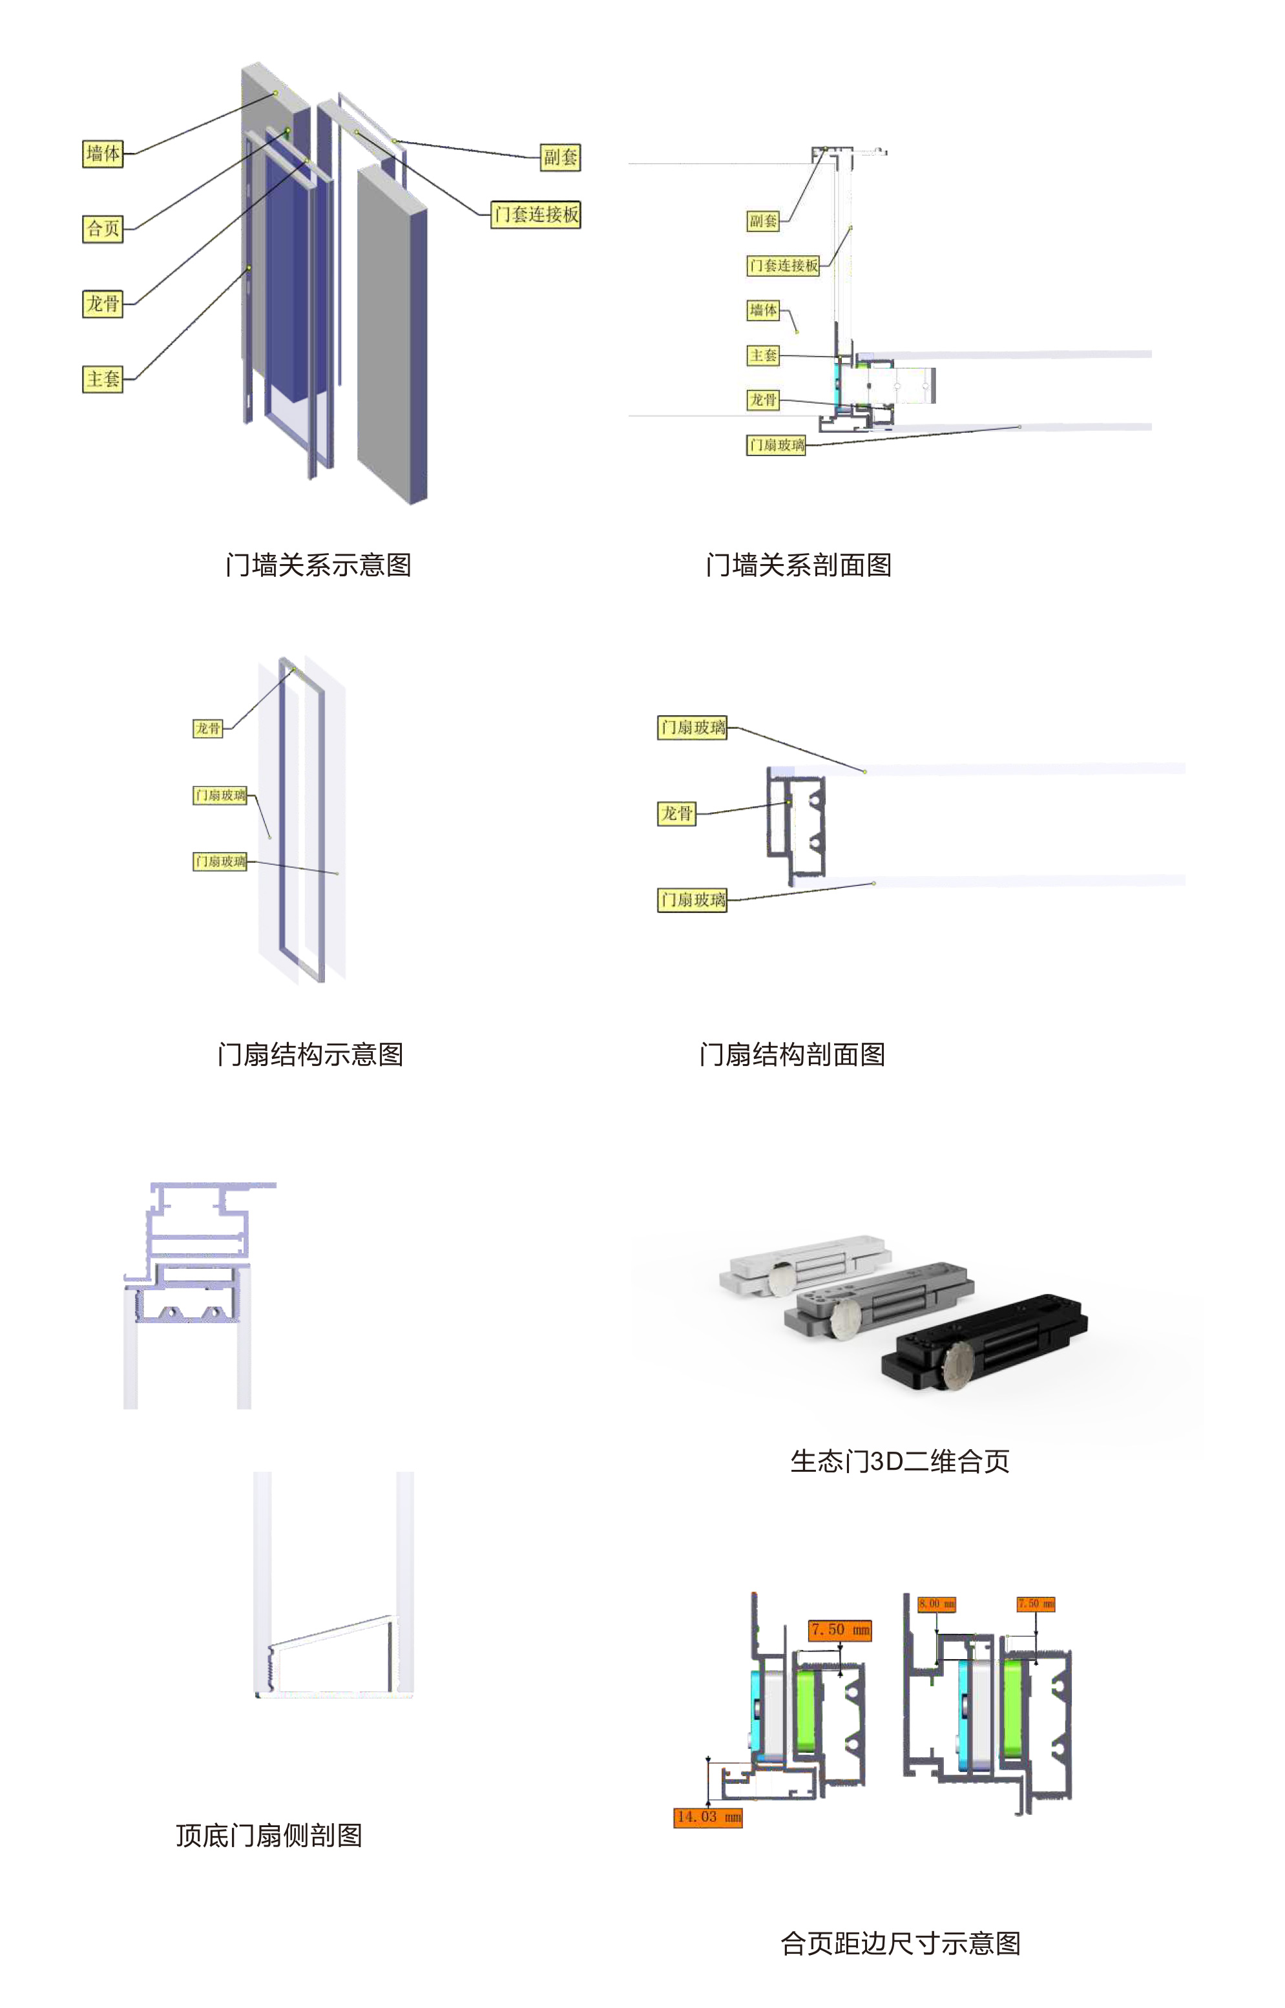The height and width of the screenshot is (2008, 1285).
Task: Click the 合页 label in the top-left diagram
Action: pyautogui.click(x=103, y=229)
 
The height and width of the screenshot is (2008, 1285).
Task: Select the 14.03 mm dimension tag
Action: pyautogui.click(x=707, y=1817)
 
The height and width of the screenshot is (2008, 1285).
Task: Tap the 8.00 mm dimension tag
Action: pyautogui.click(x=936, y=1604)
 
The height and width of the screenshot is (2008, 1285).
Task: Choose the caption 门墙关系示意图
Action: pyautogui.click(x=318, y=565)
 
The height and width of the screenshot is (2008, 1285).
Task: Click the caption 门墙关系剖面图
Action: pyautogui.click(x=799, y=565)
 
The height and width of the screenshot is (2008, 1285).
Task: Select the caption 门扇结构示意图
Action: pyautogui.click(x=309, y=1054)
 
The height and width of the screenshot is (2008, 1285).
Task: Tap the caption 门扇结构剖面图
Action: pyautogui.click(x=792, y=1054)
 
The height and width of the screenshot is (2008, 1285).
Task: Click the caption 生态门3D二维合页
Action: pyautogui.click(x=899, y=1461)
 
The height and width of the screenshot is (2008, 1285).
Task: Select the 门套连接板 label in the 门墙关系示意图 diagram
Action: pyautogui.click(x=536, y=214)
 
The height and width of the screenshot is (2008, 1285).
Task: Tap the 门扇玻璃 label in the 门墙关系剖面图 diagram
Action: pyautogui.click(x=776, y=444)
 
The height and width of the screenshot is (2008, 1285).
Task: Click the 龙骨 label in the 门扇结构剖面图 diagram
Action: pyautogui.click(x=676, y=813)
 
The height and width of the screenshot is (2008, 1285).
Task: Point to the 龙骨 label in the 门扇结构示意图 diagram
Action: pyautogui.click(x=208, y=728)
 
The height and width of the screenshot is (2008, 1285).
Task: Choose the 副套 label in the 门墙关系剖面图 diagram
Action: pyautogui.click(x=762, y=221)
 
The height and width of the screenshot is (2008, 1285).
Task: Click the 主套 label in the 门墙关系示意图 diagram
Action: pyautogui.click(x=103, y=379)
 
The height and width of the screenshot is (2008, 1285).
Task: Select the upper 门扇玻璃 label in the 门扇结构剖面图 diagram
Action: pyautogui.click(x=693, y=727)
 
